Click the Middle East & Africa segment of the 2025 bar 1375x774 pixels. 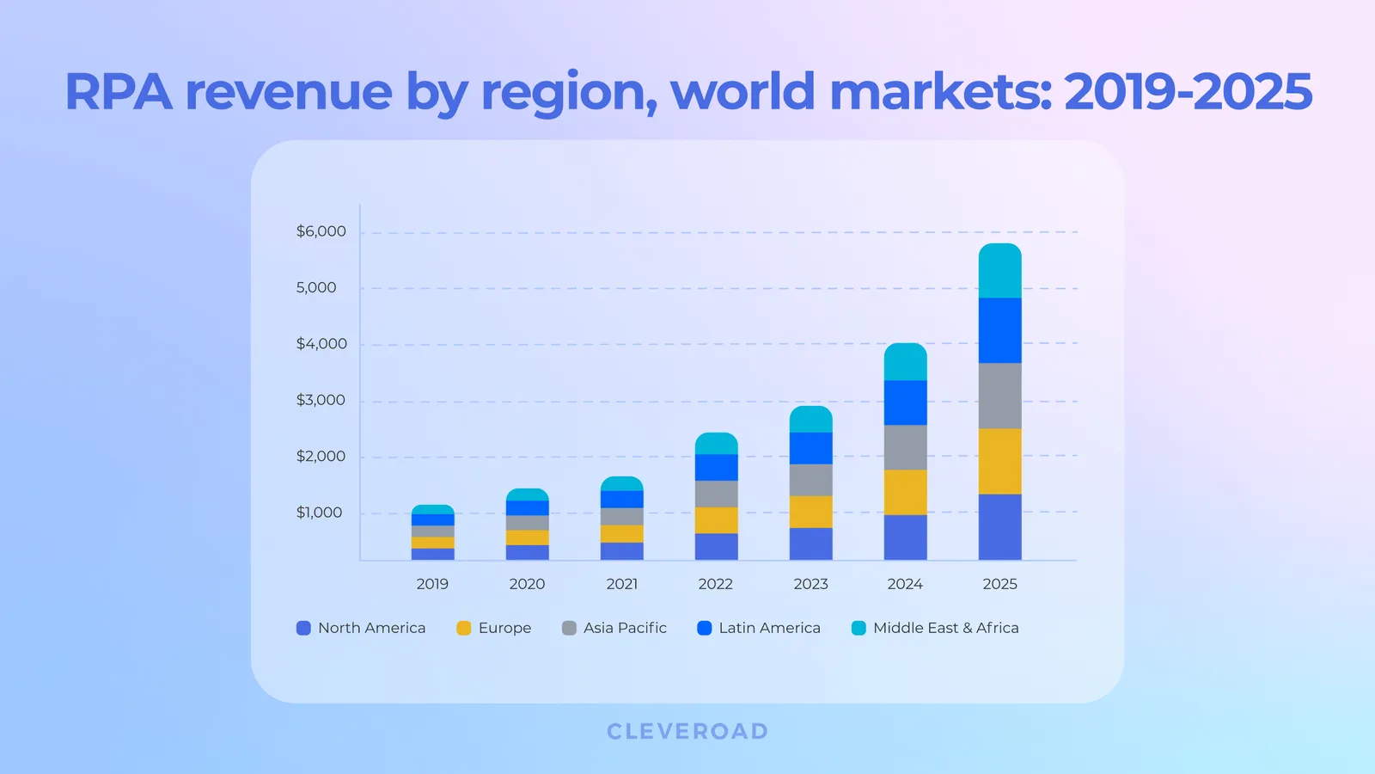tap(999, 271)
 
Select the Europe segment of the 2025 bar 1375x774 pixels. tap(999, 461)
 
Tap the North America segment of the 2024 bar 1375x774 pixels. tap(905, 537)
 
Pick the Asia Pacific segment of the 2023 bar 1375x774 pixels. tap(810, 480)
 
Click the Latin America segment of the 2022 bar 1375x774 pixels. tap(716, 467)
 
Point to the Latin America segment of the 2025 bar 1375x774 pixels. tap(999, 330)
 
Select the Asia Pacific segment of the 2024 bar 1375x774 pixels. tap(905, 447)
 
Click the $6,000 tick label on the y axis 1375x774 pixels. tap(321, 231)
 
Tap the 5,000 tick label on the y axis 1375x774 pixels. tap(316, 288)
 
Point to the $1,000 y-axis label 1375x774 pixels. tap(319, 513)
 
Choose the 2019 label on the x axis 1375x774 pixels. tap(432, 584)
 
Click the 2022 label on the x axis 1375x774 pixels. tap(716, 584)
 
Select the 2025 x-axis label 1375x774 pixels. tap(999, 584)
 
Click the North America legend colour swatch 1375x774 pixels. tap(303, 628)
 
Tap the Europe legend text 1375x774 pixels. tap(504, 628)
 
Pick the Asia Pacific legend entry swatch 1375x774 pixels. tap(569, 628)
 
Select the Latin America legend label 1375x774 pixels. tap(769, 628)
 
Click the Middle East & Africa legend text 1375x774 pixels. tap(945, 628)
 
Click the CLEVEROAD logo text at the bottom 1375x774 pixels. tap(687, 731)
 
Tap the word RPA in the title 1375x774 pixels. tap(119, 92)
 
